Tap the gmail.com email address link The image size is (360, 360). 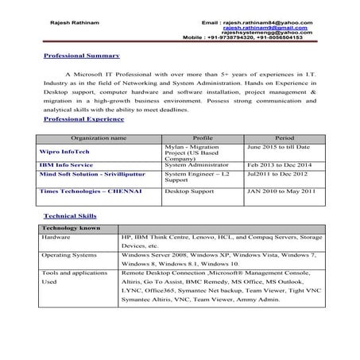(x=278, y=27)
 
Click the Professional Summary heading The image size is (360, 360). (x=81, y=56)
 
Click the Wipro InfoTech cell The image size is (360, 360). (x=62, y=148)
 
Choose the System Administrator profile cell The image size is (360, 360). (x=197, y=165)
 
